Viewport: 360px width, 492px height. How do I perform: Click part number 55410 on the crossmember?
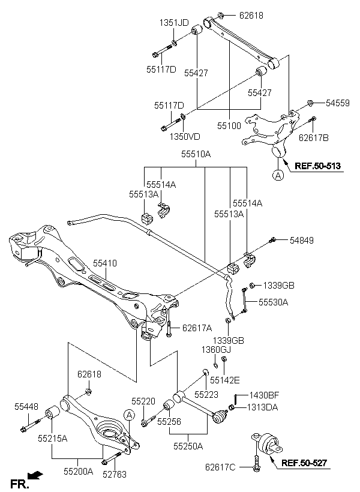point(105,263)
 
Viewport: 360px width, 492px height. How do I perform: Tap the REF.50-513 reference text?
point(317,166)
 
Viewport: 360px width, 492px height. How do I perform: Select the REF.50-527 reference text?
point(304,463)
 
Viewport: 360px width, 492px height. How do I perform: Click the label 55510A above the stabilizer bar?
point(196,154)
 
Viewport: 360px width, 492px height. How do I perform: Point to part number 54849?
point(302,241)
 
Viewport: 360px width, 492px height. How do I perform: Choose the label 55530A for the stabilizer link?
point(274,302)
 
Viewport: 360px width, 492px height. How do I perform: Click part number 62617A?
point(197,328)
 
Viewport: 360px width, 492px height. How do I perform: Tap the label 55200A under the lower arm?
point(79,471)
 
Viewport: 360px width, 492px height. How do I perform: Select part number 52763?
point(115,475)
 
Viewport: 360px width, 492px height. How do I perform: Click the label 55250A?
point(188,446)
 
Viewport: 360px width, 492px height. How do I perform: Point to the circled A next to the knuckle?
point(278,175)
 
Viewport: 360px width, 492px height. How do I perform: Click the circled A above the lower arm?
point(129,415)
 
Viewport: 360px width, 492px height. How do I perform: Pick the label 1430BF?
point(263,395)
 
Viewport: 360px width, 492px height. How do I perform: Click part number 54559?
point(337,103)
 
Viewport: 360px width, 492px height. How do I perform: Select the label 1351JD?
point(174,23)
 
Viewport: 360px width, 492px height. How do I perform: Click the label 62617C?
point(220,467)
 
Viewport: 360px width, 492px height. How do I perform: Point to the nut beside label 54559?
point(309,103)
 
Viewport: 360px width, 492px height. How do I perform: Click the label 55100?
point(229,126)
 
